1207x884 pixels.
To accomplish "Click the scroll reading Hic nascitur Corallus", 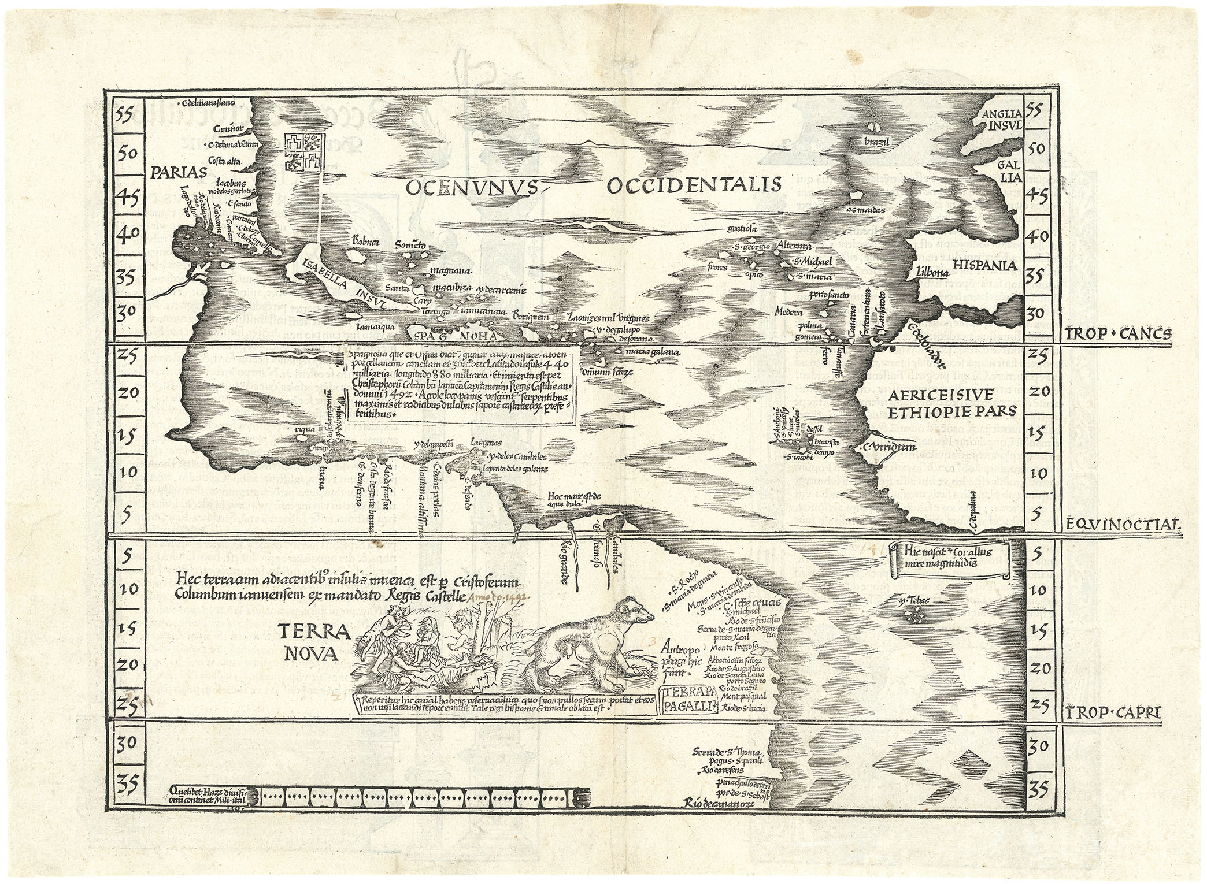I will coord(951,558).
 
